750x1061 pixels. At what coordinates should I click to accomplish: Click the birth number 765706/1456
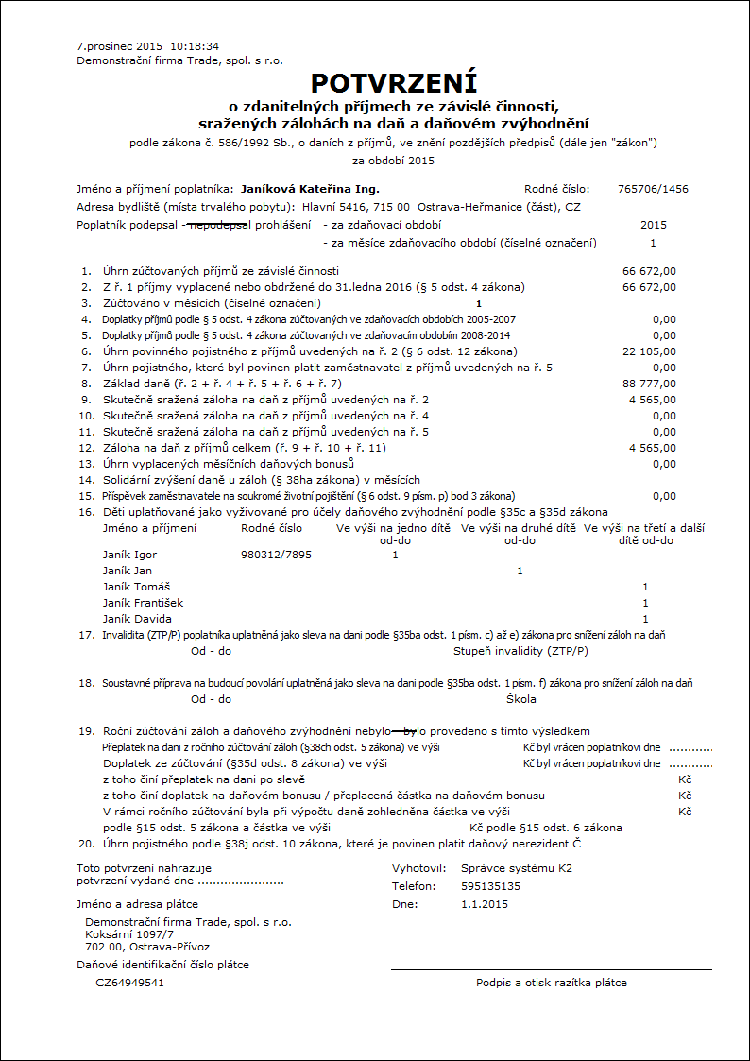pyautogui.click(x=653, y=189)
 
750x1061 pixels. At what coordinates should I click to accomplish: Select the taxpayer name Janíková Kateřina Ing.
pyautogui.click(x=310, y=189)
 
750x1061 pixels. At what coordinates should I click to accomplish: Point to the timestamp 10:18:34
pyautogui.click(x=196, y=45)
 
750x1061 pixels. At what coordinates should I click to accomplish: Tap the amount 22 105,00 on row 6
pyautogui.click(x=650, y=351)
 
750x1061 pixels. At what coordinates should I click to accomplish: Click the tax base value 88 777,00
pyautogui.click(x=650, y=384)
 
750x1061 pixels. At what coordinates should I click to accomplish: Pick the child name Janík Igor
pyautogui.click(x=129, y=555)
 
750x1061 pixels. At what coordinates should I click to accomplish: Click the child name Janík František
pyautogui.click(x=143, y=603)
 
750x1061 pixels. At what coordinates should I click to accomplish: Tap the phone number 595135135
pyautogui.click(x=490, y=886)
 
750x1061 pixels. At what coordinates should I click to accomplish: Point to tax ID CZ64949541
pyautogui.click(x=129, y=983)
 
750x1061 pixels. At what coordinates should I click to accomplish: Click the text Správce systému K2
pyautogui.click(x=517, y=867)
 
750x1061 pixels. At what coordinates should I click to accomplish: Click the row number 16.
pyautogui.click(x=86, y=511)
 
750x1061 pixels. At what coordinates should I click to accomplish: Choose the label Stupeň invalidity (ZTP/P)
pyautogui.click(x=520, y=651)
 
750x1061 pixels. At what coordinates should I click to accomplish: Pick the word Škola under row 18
pyautogui.click(x=521, y=699)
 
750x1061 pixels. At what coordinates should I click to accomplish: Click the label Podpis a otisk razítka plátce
pyautogui.click(x=551, y=983)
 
